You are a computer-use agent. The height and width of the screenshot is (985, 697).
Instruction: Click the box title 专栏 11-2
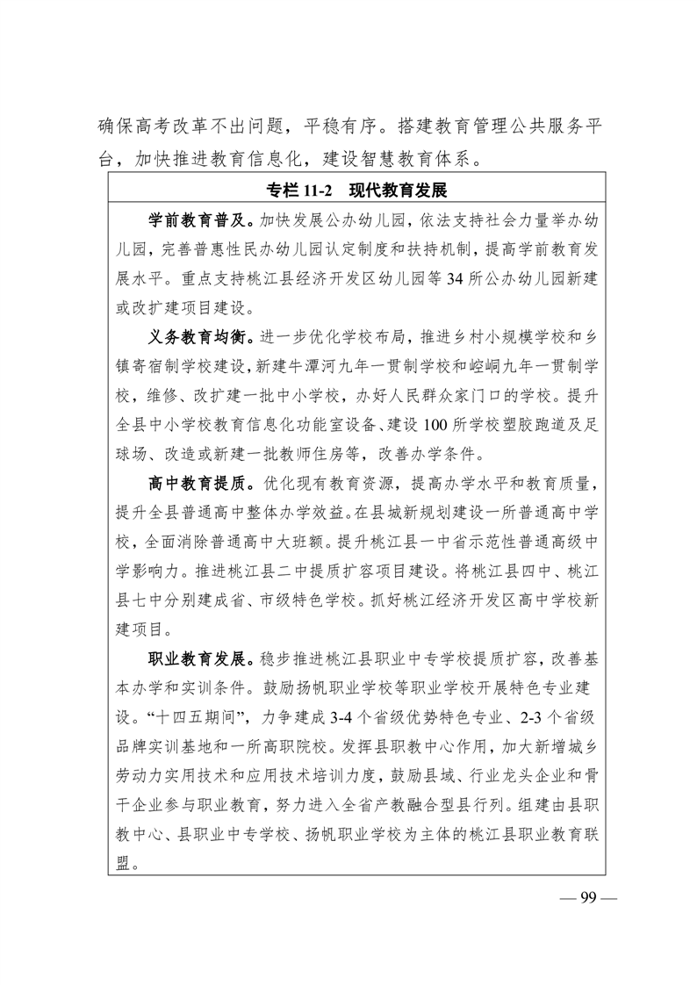pos(296,191)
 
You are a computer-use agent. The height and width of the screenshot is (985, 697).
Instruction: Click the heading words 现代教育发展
pos(398,191)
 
